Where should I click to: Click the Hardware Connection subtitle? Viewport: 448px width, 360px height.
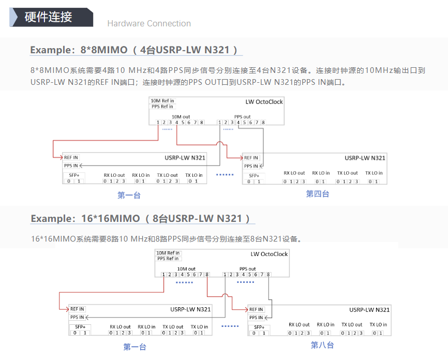pyautogui.click(x=148, y=23)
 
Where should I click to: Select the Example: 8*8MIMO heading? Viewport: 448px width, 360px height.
pyautogui.click(x=135, y=50)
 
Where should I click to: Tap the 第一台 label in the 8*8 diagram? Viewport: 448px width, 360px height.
pyautogui.click(x=129, y=195)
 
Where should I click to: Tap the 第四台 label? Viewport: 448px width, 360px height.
pyautogui.click(x=317, y=194)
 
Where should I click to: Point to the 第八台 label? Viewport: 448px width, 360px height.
pyautogui.click(x=322, y=345)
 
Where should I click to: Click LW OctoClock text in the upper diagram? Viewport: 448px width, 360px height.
pyautogui.click(x=264, y=102)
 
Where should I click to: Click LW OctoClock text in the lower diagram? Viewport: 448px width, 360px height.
pyautogui.click(x=269, y=254)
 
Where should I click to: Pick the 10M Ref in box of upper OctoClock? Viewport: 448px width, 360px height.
pyautogui.click(x=162, y=100)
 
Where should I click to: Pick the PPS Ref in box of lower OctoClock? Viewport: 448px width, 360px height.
pyautogui.click(x=168, y=259)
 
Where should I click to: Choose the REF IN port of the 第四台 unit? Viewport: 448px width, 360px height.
pyautogui.click(x=251, y=158)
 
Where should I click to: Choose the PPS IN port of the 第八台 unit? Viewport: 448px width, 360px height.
pyautogui.click(x=256, y=317)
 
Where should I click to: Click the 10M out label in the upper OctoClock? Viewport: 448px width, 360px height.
pyautogui.click(x=181, y=117)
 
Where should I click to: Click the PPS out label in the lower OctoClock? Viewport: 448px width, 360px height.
pyautogui.click(x=247, y=269)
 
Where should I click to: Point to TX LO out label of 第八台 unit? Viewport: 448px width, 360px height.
pyautogui.click(x=352, y=325)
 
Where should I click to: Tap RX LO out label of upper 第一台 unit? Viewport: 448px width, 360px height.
pyautogui.click(x=113, y=175)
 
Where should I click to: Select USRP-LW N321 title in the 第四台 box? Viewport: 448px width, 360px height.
pyautogui.click(x=365, y=158)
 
